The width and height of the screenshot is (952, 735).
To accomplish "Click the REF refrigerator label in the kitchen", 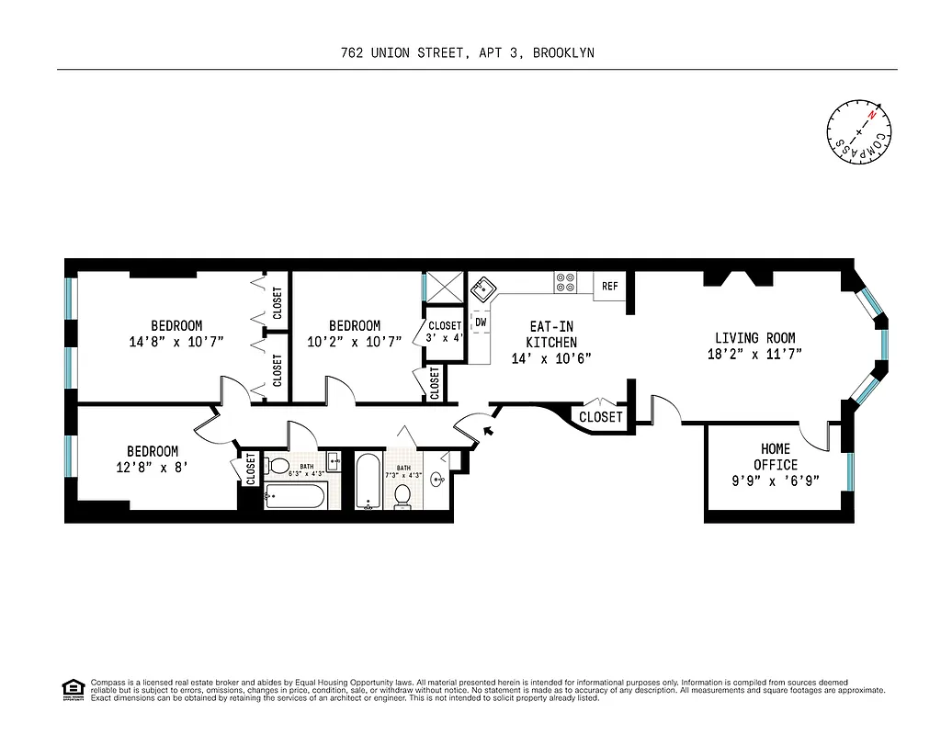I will point(610,287).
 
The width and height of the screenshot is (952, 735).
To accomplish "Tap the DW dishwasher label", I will point(481,322).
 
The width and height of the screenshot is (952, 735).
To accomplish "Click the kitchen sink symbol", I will point(482,290).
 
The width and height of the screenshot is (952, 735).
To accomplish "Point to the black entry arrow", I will point(489,427).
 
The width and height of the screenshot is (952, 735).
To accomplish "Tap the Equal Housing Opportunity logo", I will point(71,688).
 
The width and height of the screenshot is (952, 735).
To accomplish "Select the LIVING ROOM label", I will point(755,338).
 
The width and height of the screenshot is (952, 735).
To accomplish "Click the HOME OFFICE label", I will point(776,456).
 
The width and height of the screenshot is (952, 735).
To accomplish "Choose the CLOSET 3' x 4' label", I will point(445,331).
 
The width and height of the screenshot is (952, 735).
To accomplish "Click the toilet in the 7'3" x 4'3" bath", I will point(402,495).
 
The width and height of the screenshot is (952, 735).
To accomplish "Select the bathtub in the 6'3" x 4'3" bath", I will point(296,497).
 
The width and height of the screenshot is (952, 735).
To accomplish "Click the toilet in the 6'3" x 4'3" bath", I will point(279,465).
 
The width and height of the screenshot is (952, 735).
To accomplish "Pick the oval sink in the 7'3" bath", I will point(437,478).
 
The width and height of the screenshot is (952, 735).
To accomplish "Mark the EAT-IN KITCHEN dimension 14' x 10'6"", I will point(551,358).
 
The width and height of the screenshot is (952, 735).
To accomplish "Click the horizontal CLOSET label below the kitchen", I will point(600,417).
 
